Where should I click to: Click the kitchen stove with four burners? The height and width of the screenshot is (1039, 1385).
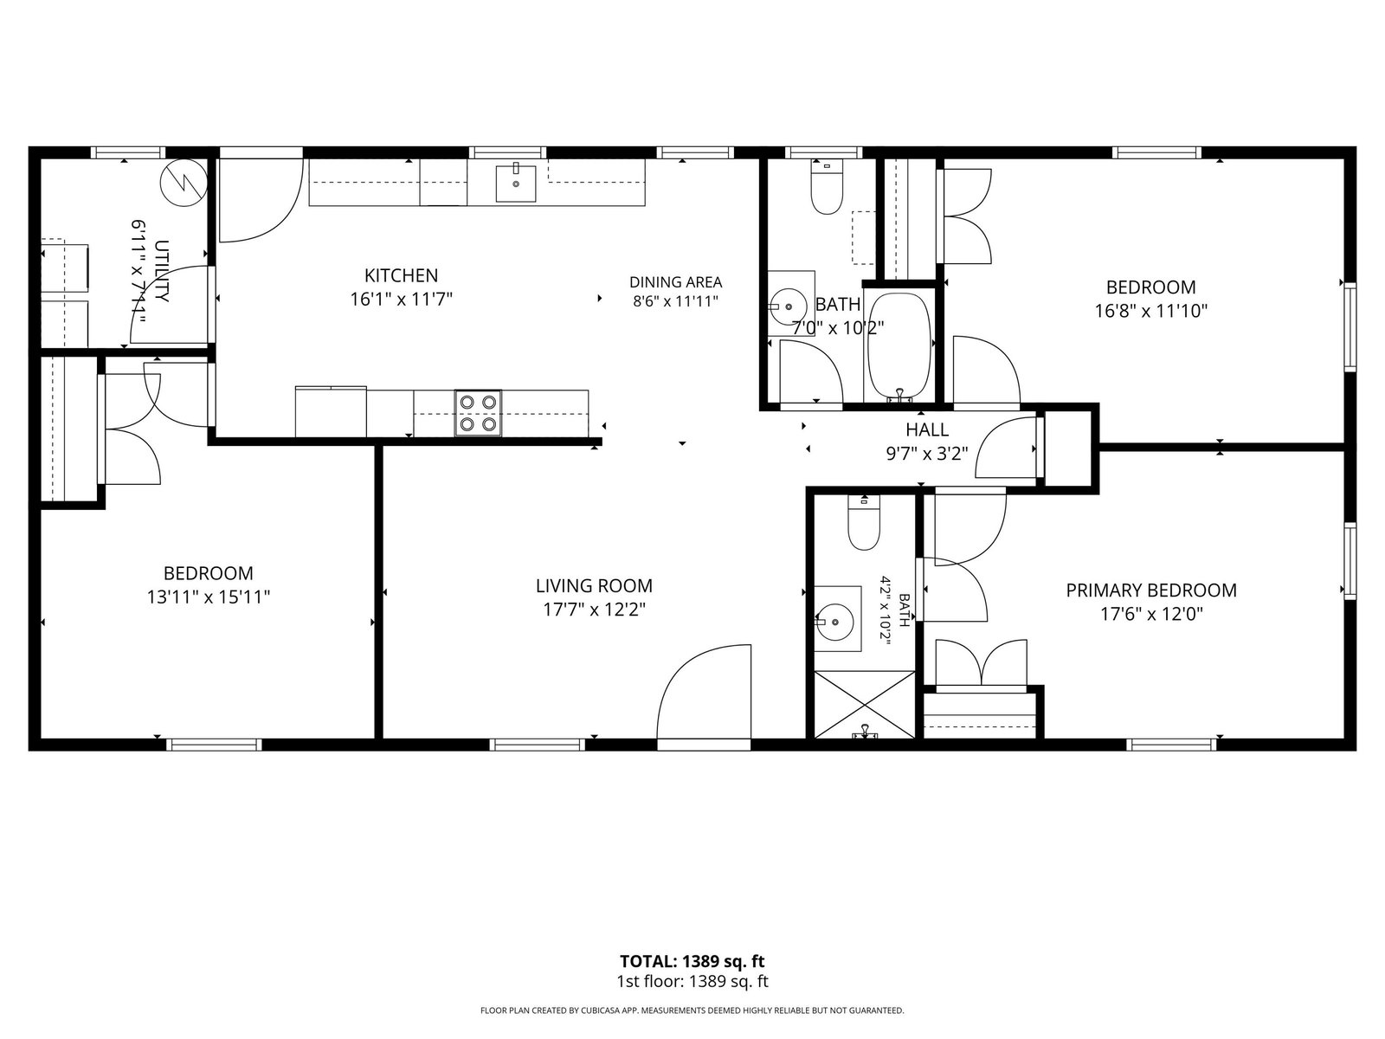478,413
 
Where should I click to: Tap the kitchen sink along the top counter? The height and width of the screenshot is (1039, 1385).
516,183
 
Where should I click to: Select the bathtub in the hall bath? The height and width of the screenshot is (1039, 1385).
899,346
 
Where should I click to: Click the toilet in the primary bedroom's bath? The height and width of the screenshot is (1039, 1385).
863,523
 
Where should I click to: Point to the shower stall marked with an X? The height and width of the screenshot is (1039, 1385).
864,705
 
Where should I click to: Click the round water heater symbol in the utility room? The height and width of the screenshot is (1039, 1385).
184,183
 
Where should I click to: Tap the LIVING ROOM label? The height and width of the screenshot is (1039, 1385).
594,585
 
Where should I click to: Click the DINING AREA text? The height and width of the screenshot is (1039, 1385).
675,282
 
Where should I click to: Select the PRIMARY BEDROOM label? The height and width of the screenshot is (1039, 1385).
1151,590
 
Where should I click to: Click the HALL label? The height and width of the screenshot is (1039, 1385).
927,429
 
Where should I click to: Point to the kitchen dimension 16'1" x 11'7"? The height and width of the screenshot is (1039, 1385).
402,299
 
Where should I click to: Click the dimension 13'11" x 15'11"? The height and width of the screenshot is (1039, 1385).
209,597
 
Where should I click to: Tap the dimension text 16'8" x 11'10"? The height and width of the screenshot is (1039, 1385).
1151,311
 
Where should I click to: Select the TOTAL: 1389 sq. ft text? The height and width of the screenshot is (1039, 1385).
692,961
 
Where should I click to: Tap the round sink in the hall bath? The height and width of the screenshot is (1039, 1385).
789,306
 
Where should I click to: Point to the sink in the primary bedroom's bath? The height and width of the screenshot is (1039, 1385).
835,622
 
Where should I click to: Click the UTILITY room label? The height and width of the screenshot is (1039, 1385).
162,271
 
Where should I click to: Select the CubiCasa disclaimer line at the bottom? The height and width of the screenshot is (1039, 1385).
692,1010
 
